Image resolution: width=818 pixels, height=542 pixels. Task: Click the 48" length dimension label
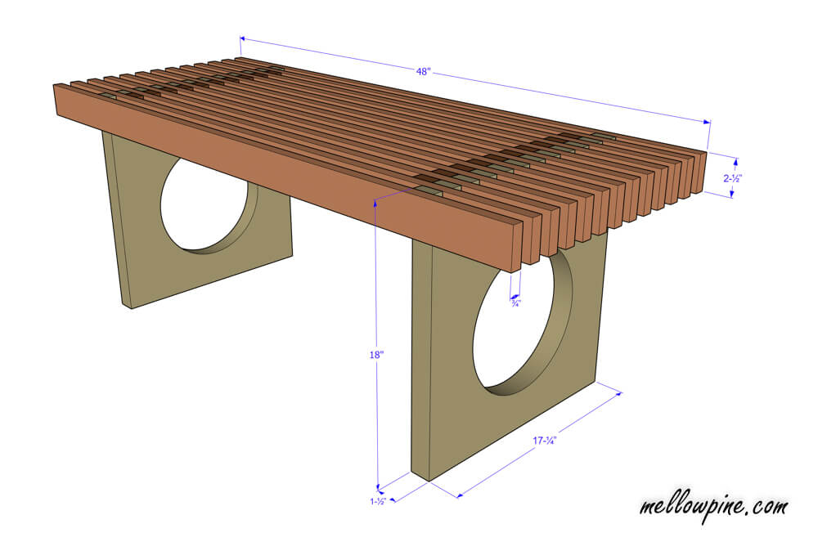pyautogui.click(x=423, y=71)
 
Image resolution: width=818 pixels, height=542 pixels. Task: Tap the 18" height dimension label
pyautogui.click(x=376, y=355)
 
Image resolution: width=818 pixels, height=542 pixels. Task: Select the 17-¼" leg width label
pyautogui.click(x=544, y=441)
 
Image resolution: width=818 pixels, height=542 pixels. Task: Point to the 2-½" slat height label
pyautogui.click(x=732, y=178)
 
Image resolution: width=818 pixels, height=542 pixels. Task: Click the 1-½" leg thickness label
pyautogui.click(x=378, y=502)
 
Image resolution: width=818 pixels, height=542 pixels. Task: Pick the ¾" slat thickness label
pyautogui.click(x=515, y=302)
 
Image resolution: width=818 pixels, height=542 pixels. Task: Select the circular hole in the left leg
pyautogui.click(x=206, y=206)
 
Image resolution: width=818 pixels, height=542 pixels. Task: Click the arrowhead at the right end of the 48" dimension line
pyautogui.click(x=707, y=122)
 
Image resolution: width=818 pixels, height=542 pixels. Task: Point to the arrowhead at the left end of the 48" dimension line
pyautogui.click(x=243, y=38)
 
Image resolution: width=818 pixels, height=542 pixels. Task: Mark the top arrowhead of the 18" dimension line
pyautogui.click(x=375, y=202)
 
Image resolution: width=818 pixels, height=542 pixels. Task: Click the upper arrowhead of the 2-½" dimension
pyautogui.click(x=736, y=162)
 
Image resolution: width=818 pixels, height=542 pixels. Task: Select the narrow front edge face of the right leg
pyautogui.click(x=421, y=361)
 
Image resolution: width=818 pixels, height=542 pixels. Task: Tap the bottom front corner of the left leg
pyautogui.click(x=131, y=308)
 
